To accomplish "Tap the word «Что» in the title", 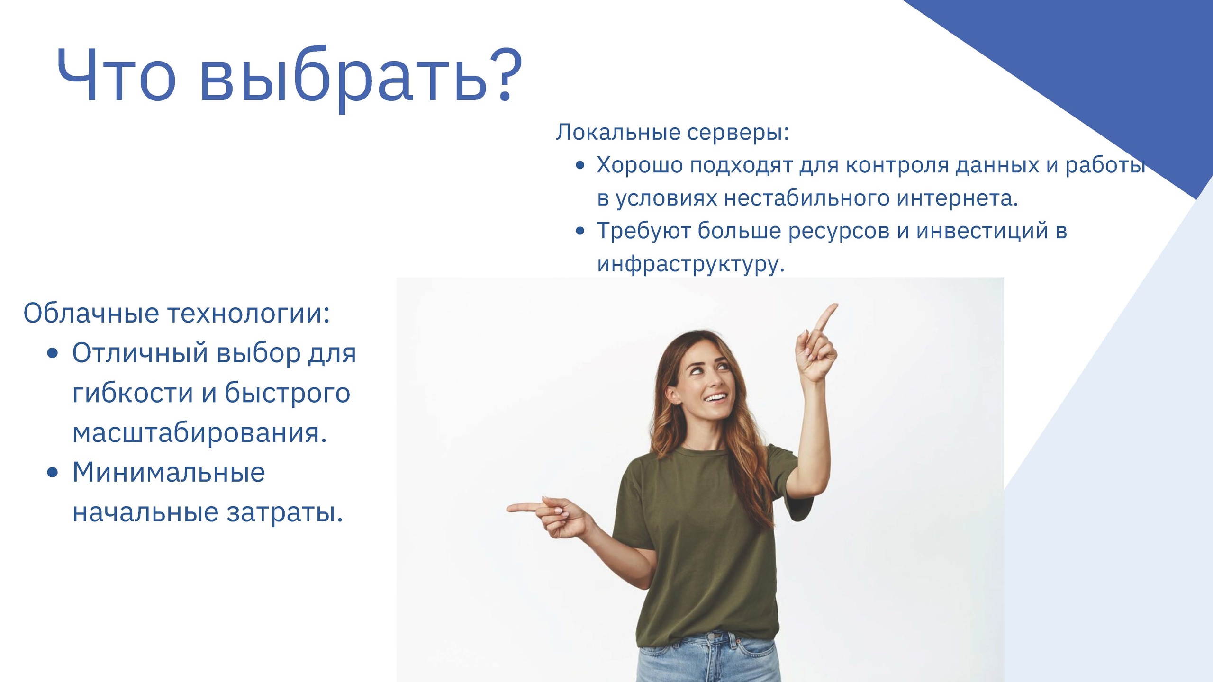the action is click(x=116, y=75).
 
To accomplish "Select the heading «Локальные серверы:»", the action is click(x=672, y=132).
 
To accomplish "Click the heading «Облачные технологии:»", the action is click(x=177, y=313).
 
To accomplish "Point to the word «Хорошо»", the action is click(x=640, y=165).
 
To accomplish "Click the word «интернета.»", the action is click(x=957, y=198).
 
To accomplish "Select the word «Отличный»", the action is click(x=140, y=353).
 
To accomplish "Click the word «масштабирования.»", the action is click(x=199, y=433).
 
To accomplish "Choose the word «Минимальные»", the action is click(x=168, y=473).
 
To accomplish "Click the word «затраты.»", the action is click(x=284, y=513).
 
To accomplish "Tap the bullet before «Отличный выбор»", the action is click(x=53, y=353).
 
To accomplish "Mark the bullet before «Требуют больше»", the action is click(x=580, y=232).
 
